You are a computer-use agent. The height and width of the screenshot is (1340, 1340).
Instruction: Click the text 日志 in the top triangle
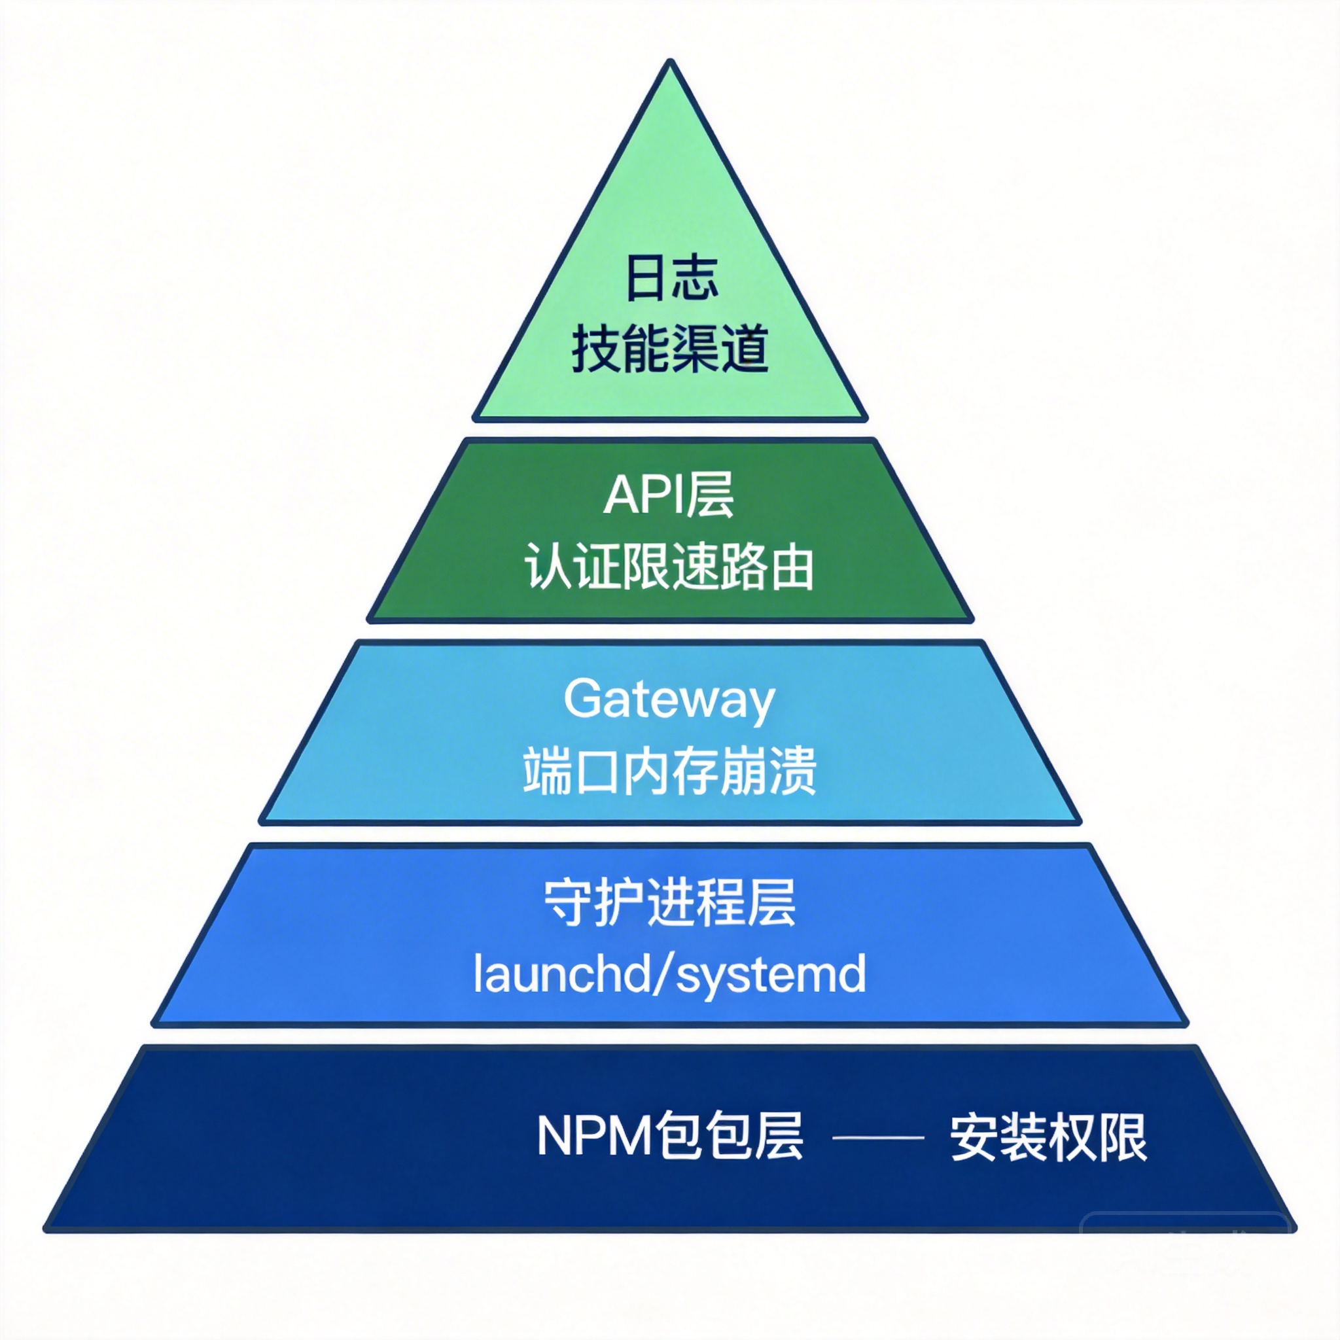click(x=671, y=278)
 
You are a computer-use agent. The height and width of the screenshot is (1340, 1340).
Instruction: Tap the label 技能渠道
click(x=670, y=349)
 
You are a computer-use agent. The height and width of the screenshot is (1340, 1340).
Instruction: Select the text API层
click(x=669, y=495)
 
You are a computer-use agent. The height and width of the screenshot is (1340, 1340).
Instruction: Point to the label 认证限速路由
click(x=669, y=567)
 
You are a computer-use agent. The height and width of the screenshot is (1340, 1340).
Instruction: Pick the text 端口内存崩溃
click(x=669, y=771)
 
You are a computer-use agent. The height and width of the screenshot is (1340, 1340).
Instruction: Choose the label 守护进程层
click(x=669, y=902)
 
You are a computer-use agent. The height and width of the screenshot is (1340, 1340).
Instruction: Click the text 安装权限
click(x=1048, y=1137)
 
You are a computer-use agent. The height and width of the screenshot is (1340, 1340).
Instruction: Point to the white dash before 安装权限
click(x=877, y=1137)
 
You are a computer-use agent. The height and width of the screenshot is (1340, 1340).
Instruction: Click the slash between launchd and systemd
click(x=662, y=973)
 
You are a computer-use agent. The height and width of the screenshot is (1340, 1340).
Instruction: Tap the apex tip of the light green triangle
click(x=671, y=64)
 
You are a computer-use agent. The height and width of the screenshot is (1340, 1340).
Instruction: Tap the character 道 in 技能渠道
click(x=743, y=349)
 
